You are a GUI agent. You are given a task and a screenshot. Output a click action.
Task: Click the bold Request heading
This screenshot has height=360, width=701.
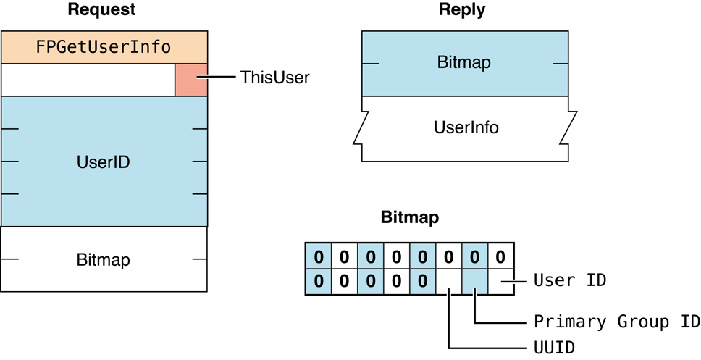pyautogui.click(x=101, y=10)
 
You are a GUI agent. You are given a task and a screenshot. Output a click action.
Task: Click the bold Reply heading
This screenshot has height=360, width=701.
pyautogui.click(x=462, y=10)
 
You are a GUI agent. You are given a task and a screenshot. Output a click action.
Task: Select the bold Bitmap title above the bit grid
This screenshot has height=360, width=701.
pyautogui.click(x=409, y=217)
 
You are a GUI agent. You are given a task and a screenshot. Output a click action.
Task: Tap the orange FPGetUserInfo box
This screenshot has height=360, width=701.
pyautogui.click(x=104, y=47)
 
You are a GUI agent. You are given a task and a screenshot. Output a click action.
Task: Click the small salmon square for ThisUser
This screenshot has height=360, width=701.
pyautogui.click(x=191, y=79)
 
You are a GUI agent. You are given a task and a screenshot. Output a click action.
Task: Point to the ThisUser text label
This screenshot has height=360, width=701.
pyautogui.click(x=274, y=78)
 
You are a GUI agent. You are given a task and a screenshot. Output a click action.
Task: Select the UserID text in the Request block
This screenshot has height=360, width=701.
pyautogui.click(x=103, y=162)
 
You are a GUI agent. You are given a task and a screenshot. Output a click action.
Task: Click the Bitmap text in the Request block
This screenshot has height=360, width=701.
pyautogui.click(x=103, y=259)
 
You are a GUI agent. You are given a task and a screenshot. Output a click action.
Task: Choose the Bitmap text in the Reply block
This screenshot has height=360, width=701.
pyautogui.click(x=463, y=62)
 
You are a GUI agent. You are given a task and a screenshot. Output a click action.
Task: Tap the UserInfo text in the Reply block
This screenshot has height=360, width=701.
pyautogui.click(x=466, y=127)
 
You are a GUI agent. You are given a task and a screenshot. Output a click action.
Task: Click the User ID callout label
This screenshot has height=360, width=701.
pyautogui.click(x=569, y=280)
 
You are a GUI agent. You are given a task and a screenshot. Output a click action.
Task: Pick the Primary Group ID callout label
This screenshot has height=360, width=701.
pyautogui.click(x=616, y=321)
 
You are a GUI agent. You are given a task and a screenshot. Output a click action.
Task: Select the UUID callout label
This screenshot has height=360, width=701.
pyautogui.click(x=554, y=348)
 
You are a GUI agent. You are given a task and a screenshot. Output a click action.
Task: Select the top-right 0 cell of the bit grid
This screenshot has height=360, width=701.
pyautogui.click(x=500, y=256)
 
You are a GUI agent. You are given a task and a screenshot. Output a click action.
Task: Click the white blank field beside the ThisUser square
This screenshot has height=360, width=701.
pyautogui.click(x=88, y=80)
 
